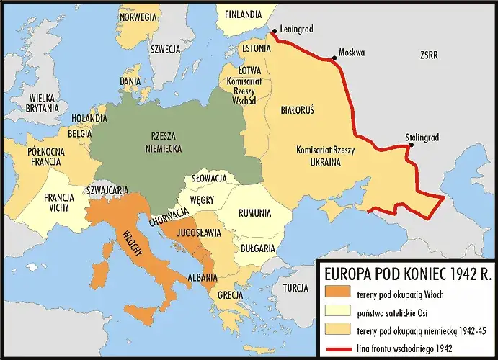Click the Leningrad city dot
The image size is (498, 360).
(274, 31)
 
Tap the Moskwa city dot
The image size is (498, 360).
(334, 57)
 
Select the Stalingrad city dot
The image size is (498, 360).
(411, 144)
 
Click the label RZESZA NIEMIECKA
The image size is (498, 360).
(161, 141)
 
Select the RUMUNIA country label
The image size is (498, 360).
(256, 213)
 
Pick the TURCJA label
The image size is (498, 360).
(295, 287)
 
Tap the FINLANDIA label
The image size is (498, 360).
(243, 14)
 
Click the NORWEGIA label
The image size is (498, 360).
(138, 17)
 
